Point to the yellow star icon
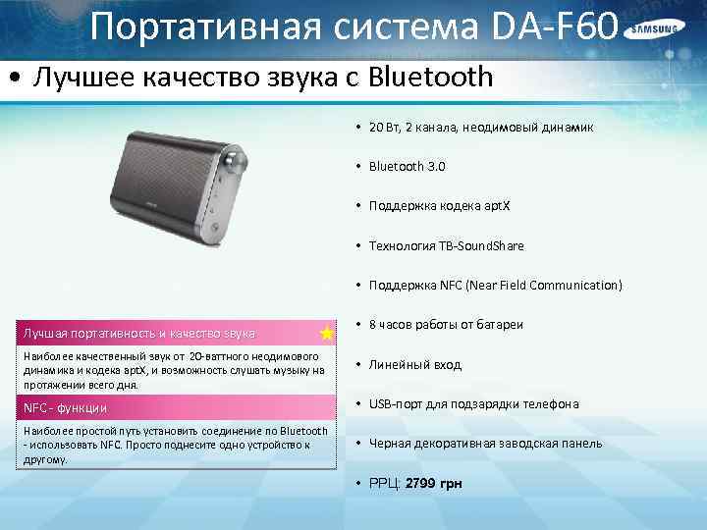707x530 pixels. tap(326, 334)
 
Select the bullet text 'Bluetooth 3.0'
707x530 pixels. tap(407, 167)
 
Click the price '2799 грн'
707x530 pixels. tap(433, 484)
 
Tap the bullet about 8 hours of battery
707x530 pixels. tap(446, 325)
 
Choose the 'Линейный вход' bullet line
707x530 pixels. tap(415, 365)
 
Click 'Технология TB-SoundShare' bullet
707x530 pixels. tap(446, 245)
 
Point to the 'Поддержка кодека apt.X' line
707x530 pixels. tap(439, 206)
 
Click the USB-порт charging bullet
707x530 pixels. tap(473, 404)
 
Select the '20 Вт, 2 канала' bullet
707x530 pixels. tap(480, 128)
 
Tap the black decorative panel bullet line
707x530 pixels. tap(485, 444)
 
